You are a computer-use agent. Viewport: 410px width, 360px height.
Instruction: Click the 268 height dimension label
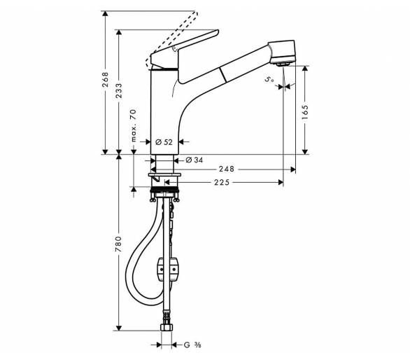click(105, 80)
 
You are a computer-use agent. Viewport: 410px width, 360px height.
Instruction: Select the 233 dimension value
click(119, 91)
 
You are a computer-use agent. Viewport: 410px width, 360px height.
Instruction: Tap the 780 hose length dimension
click(119, 244)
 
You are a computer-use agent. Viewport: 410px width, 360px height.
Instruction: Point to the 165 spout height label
click(305, 112)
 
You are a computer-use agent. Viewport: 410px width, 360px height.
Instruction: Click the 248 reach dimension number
click(227, 169)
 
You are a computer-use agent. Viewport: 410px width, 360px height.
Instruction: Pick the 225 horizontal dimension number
click(222, 182)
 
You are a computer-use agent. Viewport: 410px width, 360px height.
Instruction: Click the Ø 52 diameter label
click(164, 142)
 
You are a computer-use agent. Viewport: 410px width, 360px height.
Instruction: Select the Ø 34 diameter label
click(194, 160)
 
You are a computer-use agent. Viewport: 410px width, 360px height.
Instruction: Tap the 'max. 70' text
click(134, 125)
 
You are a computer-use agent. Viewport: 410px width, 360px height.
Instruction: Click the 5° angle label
click(269, 79)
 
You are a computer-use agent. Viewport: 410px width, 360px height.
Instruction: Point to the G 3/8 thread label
click(192, 345)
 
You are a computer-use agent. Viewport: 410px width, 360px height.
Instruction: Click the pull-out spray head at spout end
click(282, 52)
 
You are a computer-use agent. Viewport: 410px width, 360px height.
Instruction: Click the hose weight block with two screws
click(168, 270)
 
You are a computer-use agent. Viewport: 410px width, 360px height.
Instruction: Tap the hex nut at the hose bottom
click(167, 327)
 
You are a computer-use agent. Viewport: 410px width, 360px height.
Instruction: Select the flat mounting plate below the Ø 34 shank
click(164, 174)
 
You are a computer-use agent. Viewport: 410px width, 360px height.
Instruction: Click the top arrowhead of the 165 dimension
click(305, 69)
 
